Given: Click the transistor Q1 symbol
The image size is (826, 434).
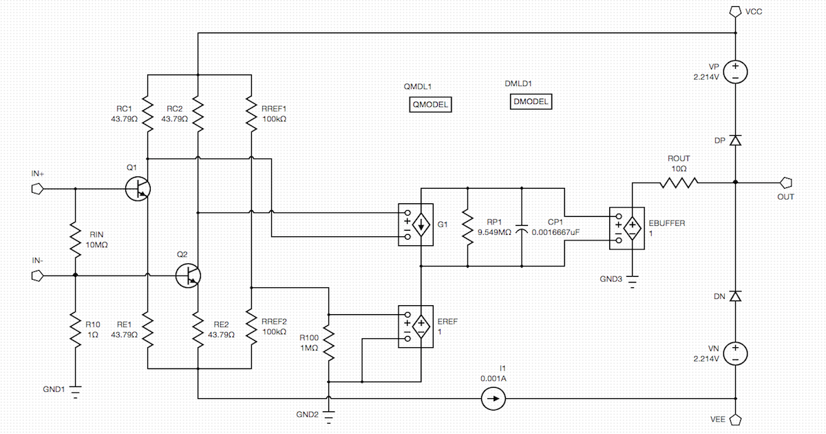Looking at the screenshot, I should point(138,188).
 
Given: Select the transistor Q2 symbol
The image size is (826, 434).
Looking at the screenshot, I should point(188,276).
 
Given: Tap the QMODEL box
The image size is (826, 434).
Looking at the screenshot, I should point(430,105).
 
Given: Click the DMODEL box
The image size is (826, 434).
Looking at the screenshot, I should point(531,102).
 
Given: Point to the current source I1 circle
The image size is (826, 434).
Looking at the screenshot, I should point(493,399).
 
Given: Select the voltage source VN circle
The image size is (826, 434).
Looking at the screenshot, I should point(735,353).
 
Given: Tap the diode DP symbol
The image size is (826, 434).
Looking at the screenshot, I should point(735,141).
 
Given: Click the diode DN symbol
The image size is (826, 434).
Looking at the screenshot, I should point(735,296).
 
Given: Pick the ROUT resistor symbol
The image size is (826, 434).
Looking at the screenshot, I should point(679,183).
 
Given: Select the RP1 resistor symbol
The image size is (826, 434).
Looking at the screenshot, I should point(468,227).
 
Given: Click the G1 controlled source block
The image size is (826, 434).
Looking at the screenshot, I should point(416,225).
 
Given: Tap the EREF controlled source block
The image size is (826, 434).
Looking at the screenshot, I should point(416,326).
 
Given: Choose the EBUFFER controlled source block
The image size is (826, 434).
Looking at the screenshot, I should point(626,227).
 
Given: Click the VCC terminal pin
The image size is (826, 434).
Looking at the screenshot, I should point(735,12).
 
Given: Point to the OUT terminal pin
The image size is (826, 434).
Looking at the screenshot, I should point(786,183).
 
